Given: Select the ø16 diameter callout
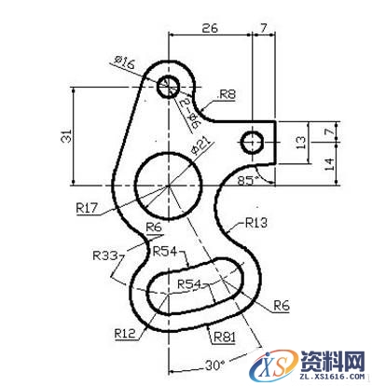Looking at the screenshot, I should (x=124, y=62).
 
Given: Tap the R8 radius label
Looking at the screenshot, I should (x=227, y=94).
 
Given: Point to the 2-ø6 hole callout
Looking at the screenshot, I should (x=189, y=111).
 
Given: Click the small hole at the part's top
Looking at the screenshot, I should (x=169, y=87).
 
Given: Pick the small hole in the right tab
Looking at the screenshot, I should (x=252, y=143).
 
